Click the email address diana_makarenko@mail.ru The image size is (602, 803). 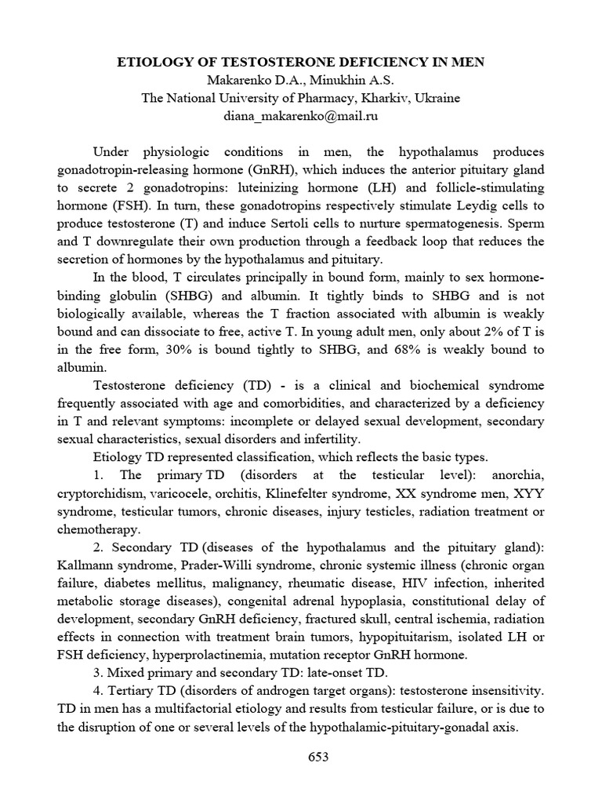click(x=301, y=116)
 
